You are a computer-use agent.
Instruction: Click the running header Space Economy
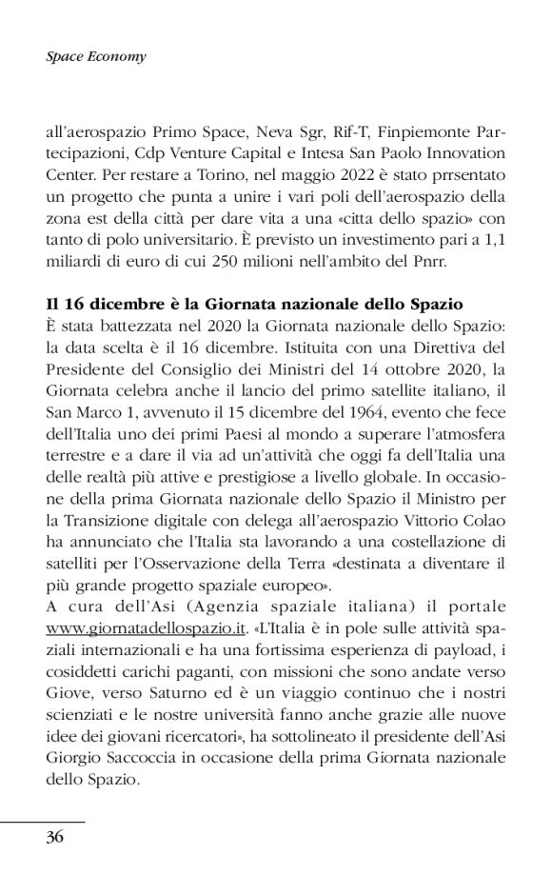95,56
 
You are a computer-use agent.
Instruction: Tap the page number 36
55,838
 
